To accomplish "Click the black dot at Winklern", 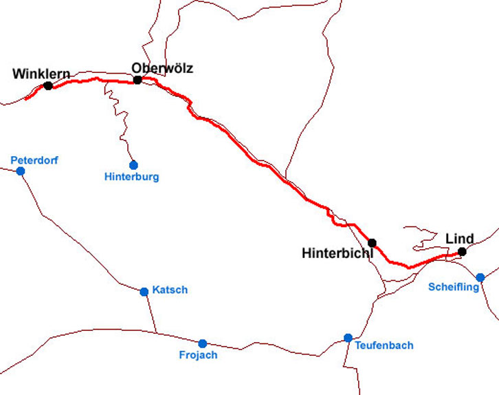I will tap(47, 85).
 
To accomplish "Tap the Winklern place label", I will tap(41, 74).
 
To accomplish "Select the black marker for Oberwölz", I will tap(137, 80).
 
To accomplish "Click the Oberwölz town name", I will tap(162, 68).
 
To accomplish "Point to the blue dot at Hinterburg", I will tap(133, 165).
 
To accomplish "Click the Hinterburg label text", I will tap(132, 177).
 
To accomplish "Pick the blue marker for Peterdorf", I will tap(21, 171).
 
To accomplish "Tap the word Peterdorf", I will tap(34, 160).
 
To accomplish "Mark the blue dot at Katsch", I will tap(144, 292).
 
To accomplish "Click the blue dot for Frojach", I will tap(202, 343).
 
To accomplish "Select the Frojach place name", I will tap(198, 355).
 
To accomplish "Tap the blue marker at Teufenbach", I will tap(348, 338).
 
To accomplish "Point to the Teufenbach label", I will tap(384, 345).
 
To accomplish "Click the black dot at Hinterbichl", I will tap(372, 243).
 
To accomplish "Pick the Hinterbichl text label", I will tap(337, 253).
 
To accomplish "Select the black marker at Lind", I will tap(462, 252).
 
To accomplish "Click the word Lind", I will tap(460, 239).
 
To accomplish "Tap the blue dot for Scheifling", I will tap(480, 277).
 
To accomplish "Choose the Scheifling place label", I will tap(454, 287).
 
